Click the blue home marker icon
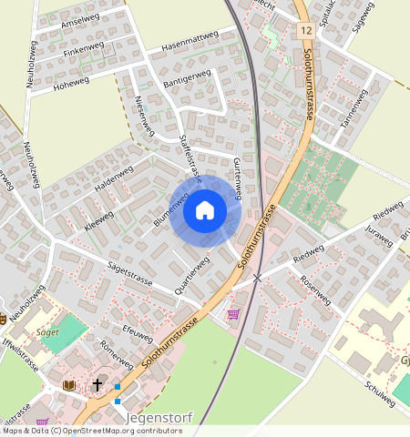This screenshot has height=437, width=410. (x=205, y=210)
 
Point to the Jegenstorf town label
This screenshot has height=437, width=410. (x=157, y=418)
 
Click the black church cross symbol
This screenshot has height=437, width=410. (x=97, y=385)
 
